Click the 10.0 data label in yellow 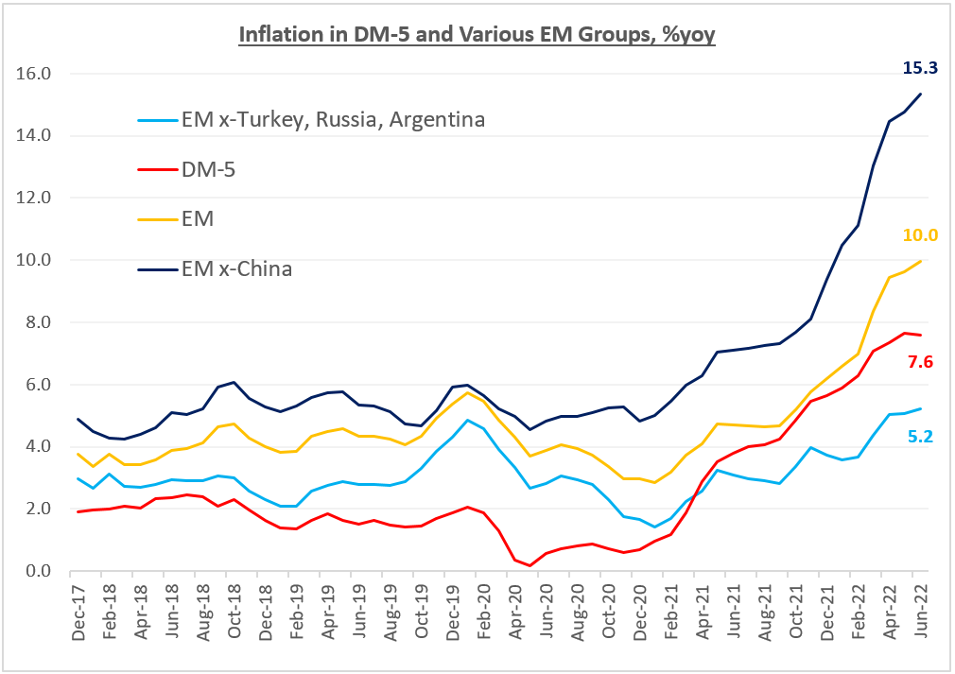(x=919, y=235)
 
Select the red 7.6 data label (x=919, y=361)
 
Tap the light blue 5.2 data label (x=919, y=437)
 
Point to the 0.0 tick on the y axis (x=37, y=571)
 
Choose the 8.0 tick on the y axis (x=37, y=322)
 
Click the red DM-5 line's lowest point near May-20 (x=530, y=565)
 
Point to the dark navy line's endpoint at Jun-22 (x=922, y=94)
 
